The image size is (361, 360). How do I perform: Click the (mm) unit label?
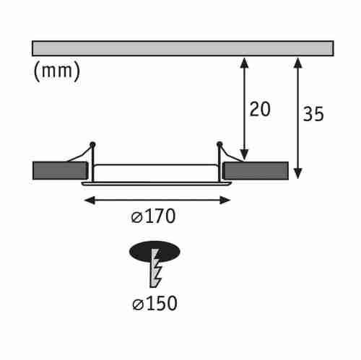pos(56,71)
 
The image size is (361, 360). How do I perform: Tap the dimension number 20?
pos(260,109)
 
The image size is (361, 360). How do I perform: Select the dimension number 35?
pos(313,114)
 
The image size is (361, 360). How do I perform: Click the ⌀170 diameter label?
pos(155,215)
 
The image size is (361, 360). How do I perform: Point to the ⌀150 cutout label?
pos(155,303)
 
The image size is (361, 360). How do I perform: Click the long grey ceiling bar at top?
pos(183,48)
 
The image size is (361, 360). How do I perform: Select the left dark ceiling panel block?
pos(59,171)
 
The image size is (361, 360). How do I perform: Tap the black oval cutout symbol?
pos(155,250)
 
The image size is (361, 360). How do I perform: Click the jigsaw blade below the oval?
pos(155,271)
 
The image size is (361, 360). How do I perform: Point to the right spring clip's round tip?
pos(219,145)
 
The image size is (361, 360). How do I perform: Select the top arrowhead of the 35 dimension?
pos(298,61)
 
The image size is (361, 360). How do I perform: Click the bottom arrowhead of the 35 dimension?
pos(298,173)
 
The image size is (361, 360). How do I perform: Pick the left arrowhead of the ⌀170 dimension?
pos(87,199)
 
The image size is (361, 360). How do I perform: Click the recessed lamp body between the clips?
pos(156,172)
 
